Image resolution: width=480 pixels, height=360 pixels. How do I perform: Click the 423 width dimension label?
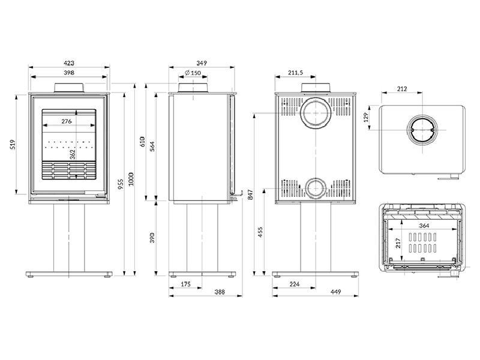(x=69, y=63)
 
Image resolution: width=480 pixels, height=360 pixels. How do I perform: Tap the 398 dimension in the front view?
(x=69, y=73)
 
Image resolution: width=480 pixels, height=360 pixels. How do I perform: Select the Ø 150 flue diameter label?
(x=193, y=73)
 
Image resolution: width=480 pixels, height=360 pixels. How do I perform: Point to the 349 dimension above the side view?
(x=202, y=63)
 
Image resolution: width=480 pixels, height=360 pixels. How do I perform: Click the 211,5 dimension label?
(x=295, y=73)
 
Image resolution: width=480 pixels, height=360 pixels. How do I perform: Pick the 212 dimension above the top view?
(x=402, y=89)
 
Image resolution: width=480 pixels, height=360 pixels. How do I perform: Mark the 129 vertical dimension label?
(x=366, y=117)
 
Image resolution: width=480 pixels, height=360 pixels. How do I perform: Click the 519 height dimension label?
(x=12, y=145)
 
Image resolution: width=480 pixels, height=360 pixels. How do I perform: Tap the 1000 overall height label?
(x=131, y=179)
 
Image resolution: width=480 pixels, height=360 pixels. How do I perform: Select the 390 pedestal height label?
(x=152, y=238)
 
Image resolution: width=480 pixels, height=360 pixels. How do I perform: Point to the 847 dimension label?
(x=251, y=194)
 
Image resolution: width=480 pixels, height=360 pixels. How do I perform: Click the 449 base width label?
(x=335, y=292)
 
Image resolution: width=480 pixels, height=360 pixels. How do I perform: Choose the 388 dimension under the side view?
(x=220, y=292)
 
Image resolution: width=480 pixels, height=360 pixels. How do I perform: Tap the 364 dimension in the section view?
(x=424, y=226)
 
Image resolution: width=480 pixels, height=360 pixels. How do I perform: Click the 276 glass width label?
(x=67, y=121)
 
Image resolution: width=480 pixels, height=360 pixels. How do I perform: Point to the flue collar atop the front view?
(x=68, y=88)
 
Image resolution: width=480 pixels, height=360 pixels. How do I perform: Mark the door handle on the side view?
(x=237, y=195)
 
